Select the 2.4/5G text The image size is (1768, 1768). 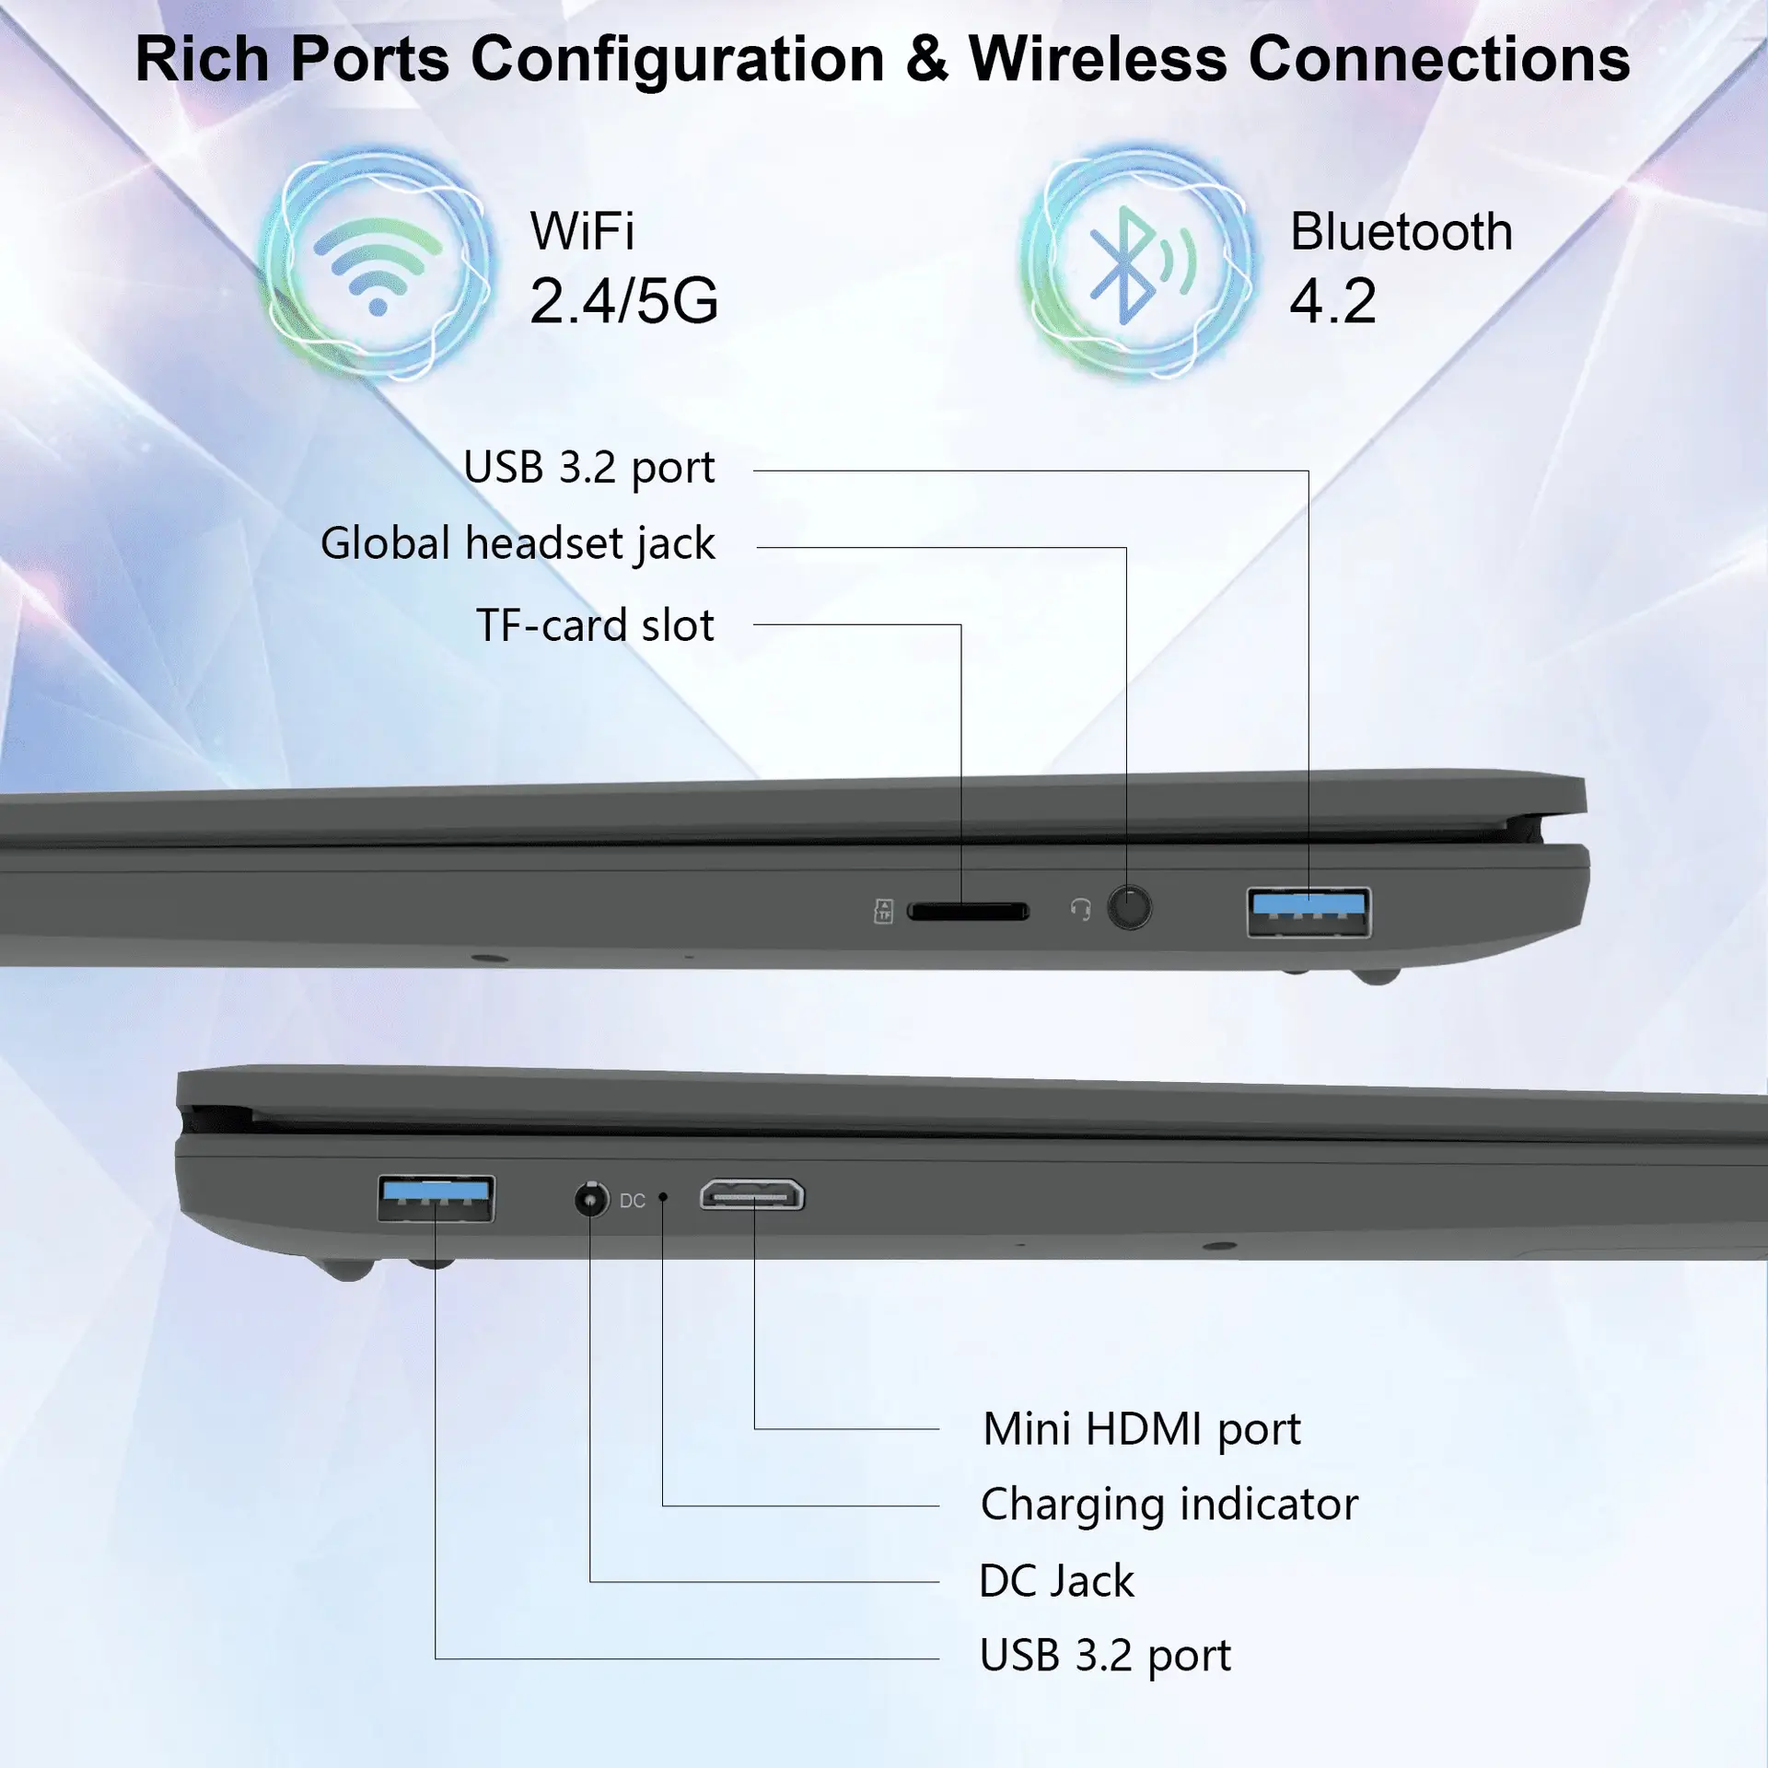623,300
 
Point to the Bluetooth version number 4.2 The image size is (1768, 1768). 1332,300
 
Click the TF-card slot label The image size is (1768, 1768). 595,625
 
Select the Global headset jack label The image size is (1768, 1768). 518,543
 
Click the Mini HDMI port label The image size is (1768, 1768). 1141,1429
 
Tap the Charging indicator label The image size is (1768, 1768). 1169,1505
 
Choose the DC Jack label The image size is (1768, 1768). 1056,1581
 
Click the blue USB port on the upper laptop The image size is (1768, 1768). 1309,912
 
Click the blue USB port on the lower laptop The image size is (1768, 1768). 436,1198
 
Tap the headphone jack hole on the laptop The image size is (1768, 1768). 1129,908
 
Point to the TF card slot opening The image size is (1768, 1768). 968,912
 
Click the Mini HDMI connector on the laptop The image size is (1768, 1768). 752,1195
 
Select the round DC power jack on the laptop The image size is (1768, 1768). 591,1199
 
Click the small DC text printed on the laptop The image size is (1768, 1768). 633,1201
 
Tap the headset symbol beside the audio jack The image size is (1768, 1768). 1080,910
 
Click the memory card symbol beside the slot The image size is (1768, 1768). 883,912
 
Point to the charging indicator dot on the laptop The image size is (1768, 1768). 663,1197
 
